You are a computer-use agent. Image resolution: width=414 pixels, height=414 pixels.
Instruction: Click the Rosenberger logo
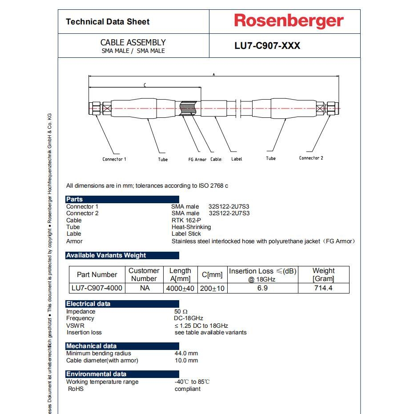point(289,21)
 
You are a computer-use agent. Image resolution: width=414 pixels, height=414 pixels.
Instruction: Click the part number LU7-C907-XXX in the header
point(267,46)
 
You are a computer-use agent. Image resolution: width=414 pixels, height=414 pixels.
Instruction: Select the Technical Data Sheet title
point(108,22)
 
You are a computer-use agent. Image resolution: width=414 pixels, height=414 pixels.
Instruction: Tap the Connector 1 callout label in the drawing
point(114,159)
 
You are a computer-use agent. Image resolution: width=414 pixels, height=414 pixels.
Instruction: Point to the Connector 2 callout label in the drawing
point(311,158)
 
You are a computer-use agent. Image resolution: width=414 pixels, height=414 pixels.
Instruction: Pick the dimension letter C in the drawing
point(145,85)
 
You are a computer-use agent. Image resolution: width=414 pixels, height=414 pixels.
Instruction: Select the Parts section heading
point(75,199)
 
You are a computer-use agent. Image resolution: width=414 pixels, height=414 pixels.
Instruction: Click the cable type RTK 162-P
point(186,220)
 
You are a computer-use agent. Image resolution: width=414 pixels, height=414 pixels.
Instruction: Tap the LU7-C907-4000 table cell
point(96,288)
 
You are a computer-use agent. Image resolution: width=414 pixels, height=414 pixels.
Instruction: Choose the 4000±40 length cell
point(180,288)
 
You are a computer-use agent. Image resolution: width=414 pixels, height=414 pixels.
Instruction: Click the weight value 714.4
point(323,288)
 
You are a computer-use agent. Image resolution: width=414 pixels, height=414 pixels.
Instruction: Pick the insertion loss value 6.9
point(262,288)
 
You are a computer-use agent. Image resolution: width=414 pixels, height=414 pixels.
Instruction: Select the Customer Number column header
point(144,274)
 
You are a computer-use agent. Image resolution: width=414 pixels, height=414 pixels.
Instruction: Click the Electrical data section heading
point(88,304)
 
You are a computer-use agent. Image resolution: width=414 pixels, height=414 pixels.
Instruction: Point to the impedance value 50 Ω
point(181,311)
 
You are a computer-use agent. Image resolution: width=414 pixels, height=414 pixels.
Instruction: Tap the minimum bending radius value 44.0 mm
point(186,354)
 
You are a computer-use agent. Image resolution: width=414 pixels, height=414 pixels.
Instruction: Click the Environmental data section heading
point(96,374)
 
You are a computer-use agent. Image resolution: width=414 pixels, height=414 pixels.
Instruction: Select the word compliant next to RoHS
point(187,389)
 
